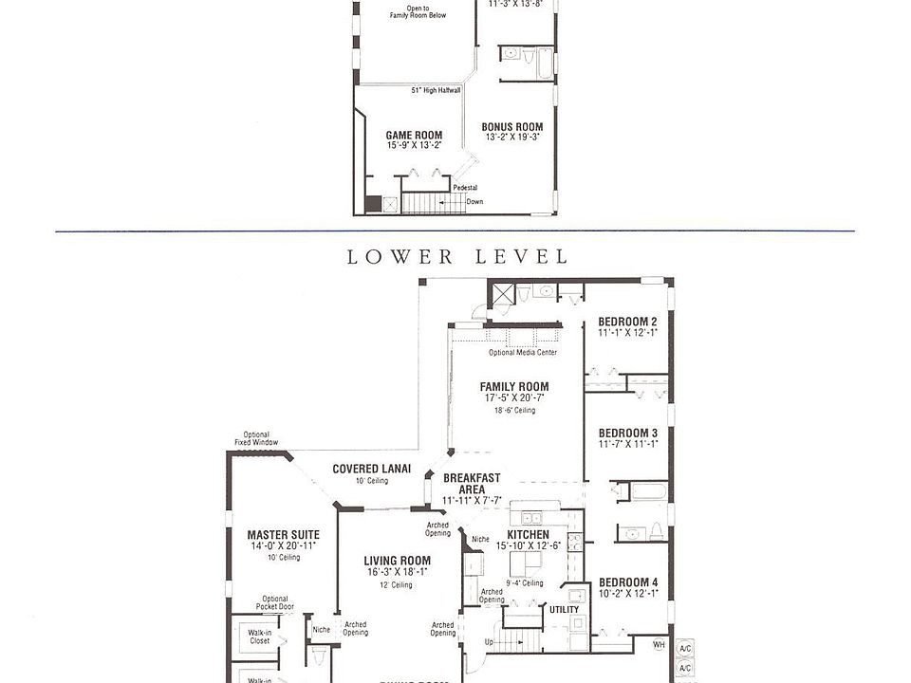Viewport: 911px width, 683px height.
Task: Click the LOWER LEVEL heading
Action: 457,257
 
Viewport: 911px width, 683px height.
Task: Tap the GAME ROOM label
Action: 414,136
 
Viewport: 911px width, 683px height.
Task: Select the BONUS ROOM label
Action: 512,127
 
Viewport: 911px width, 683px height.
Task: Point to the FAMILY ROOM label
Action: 514,386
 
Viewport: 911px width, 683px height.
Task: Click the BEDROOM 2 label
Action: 627,322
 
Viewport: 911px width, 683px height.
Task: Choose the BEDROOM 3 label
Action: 627,433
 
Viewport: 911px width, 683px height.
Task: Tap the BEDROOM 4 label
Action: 627,581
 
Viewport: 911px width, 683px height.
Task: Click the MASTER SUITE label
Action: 283,535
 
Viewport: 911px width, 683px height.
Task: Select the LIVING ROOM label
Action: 397,561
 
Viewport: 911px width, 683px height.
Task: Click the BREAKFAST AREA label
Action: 472,484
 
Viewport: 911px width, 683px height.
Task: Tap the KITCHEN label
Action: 528,535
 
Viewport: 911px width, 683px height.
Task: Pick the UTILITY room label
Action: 564,610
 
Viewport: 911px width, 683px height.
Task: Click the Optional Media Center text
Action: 522,353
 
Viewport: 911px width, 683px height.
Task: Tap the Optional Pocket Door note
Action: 274,603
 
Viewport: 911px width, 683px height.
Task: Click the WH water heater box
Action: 660,646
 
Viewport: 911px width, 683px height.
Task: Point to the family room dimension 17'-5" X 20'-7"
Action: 514,398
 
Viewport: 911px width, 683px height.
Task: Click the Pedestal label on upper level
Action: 465,188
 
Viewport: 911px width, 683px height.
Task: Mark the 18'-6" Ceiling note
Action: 514,411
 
